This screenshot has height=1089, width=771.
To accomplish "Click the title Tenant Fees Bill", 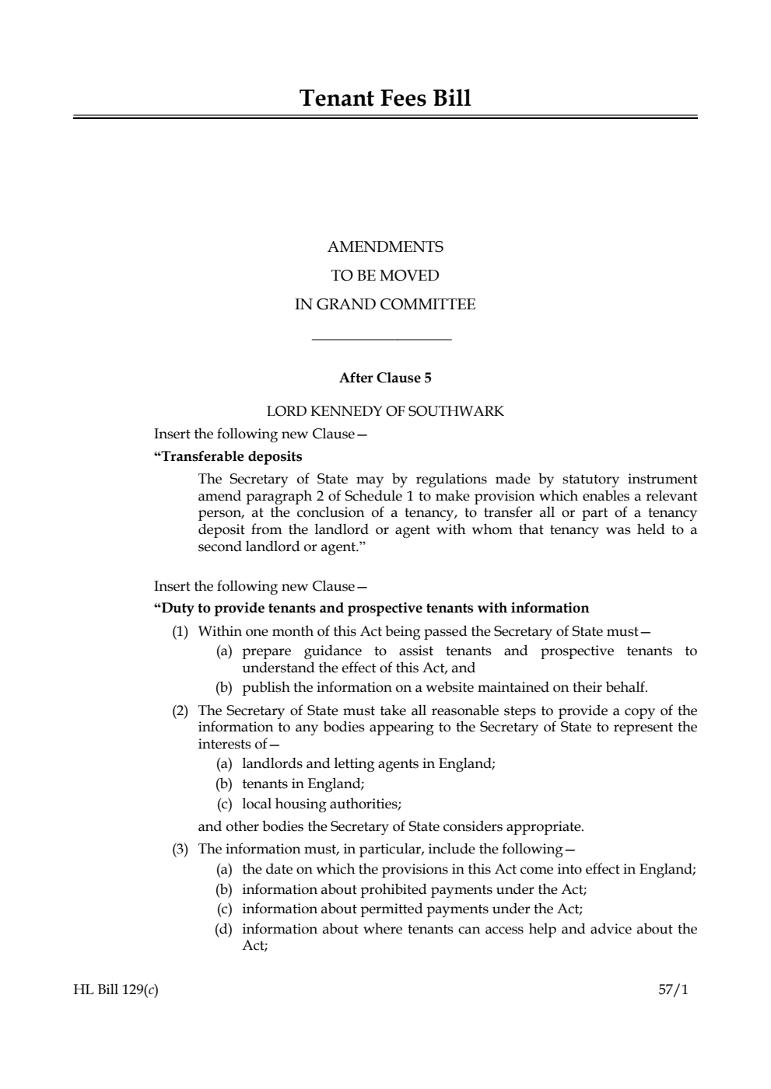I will [x=385, y=99].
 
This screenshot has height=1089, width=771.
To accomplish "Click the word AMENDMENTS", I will [x=385, y=247].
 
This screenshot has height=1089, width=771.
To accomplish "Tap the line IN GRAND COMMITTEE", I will [x=385, y=305].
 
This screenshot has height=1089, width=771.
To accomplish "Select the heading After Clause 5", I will [x=385, y=379].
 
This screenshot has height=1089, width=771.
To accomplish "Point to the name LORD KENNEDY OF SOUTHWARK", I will [x=385, y=411].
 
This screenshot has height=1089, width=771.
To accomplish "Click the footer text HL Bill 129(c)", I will [x=117, y=990].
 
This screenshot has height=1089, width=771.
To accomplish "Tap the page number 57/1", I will [x=673, y=990].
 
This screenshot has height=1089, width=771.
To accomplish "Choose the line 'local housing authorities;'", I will [x=321, y=804].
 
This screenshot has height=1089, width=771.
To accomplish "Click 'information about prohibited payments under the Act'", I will [x=414, y=889].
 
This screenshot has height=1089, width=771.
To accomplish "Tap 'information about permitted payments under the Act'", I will [x=412, y=909].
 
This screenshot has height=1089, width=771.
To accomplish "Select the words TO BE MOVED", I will [x=385, y=276].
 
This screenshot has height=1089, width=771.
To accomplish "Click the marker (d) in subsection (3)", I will [x=224, y=929].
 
